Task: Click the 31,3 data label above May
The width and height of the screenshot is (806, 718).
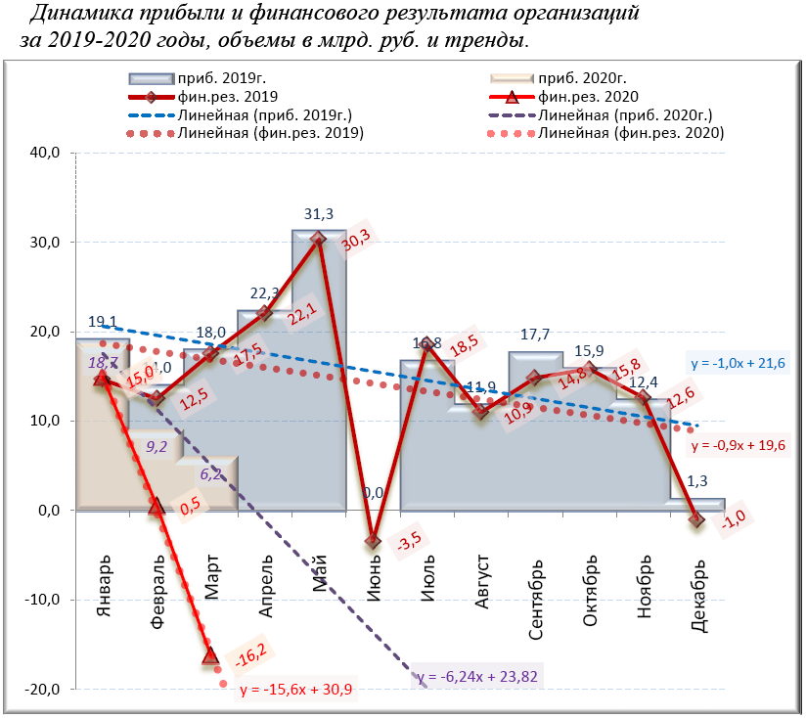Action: pyautogui.click(x=319, y=214)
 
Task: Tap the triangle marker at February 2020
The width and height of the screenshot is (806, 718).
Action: pyautogui.click(x=156, y=506)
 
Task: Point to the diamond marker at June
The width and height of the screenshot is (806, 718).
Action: pyautogui.click(x=373, y=541)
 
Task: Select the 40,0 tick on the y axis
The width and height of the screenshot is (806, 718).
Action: pyautogui.click(x=48, y=153)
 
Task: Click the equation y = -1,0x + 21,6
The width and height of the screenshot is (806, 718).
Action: pyautogui.click(x=737, y=363)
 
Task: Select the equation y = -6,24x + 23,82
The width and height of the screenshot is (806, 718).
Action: pyautogui.click(x=476, y=676)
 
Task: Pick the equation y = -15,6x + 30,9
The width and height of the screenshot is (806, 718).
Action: pyautogui.click(x=295, y=690)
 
